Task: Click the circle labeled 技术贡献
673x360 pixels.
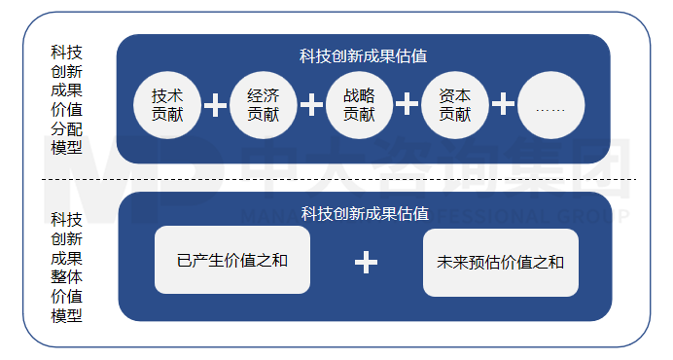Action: [167, 105]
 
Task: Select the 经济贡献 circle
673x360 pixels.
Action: [263, 105]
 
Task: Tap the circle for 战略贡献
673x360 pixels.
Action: [359, 105]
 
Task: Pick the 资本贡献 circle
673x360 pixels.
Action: [454, 105]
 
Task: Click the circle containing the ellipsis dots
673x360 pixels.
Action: [550, 105]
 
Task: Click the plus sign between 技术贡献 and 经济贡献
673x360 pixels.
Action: [215, 105]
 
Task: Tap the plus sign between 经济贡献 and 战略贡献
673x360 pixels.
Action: [311, 105]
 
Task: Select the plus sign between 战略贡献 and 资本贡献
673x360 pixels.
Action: [407, 105]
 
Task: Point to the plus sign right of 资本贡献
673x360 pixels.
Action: [503, 105]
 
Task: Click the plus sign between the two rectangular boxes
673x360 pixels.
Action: [365, 262]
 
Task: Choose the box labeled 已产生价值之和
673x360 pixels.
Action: [232, 261]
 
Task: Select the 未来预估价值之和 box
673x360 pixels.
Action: [500, 262]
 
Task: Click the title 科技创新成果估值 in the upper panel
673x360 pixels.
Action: [364, 55]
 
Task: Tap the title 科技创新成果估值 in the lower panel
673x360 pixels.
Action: [364, 213]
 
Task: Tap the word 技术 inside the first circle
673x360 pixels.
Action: [167, 96]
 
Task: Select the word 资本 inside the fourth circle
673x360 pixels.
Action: [454, 96]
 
